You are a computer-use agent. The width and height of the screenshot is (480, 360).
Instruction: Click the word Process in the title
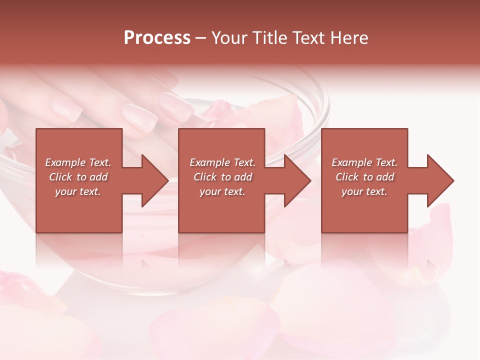tap(157, 38)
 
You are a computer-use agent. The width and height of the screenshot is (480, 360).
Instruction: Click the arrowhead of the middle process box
tap(297, 180)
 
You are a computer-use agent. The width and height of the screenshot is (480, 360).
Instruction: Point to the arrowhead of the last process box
tap(439, 180)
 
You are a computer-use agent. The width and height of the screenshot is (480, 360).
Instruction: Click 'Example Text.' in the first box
tap(78, 162)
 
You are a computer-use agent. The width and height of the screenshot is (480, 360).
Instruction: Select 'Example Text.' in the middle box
tap(222, 162)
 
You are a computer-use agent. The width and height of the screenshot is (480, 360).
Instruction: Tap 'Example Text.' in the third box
tap(364, 162)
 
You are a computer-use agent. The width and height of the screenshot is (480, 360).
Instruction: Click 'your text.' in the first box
tap(78, 191)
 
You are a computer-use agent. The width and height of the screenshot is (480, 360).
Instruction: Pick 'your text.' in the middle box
tap(222, 191)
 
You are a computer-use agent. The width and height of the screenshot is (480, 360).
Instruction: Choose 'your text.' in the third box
tap(364, 191)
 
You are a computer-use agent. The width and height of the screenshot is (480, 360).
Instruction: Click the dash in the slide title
tap(201, 38)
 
